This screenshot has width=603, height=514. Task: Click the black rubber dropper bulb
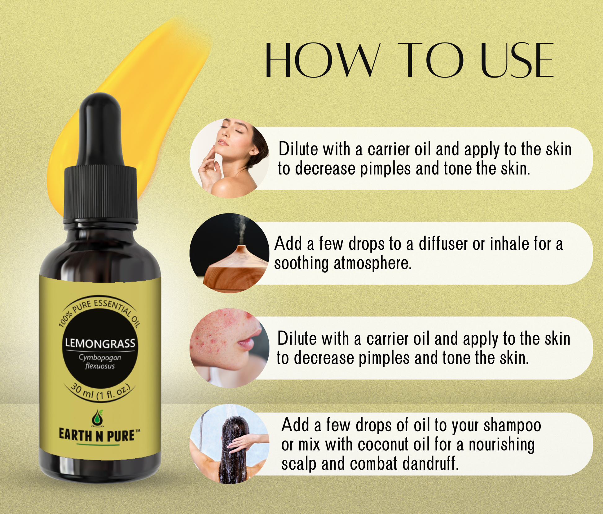(102, 130)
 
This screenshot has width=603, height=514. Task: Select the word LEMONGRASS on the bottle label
(100, 343)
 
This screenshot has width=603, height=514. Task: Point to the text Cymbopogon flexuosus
(100, 362)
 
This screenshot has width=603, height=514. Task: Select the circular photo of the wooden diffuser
(229, 253)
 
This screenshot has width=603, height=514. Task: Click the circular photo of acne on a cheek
(229, 348)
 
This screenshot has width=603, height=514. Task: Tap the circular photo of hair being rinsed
(229, 444)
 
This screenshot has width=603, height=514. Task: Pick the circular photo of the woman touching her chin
(229, 158)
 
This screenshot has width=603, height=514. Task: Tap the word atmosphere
(372, 264)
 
